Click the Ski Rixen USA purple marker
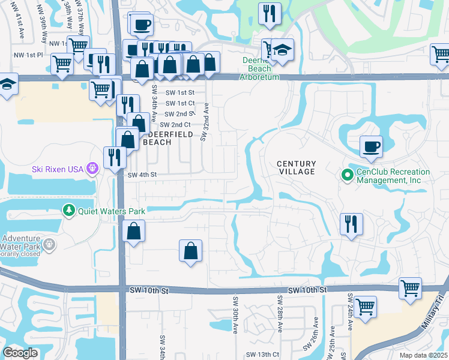click(x=92, y=169)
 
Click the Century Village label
click(x=296, y=167)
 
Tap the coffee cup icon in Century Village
click(x=371, y=146)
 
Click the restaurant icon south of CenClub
click(x=351, y=223)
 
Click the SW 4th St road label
click(x=142, y=175)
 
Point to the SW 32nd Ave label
click(x=205, y=122)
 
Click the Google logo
click(x=20, y=353)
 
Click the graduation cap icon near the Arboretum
click(x=282, y=50)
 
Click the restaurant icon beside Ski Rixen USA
click(x=114, y=157)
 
